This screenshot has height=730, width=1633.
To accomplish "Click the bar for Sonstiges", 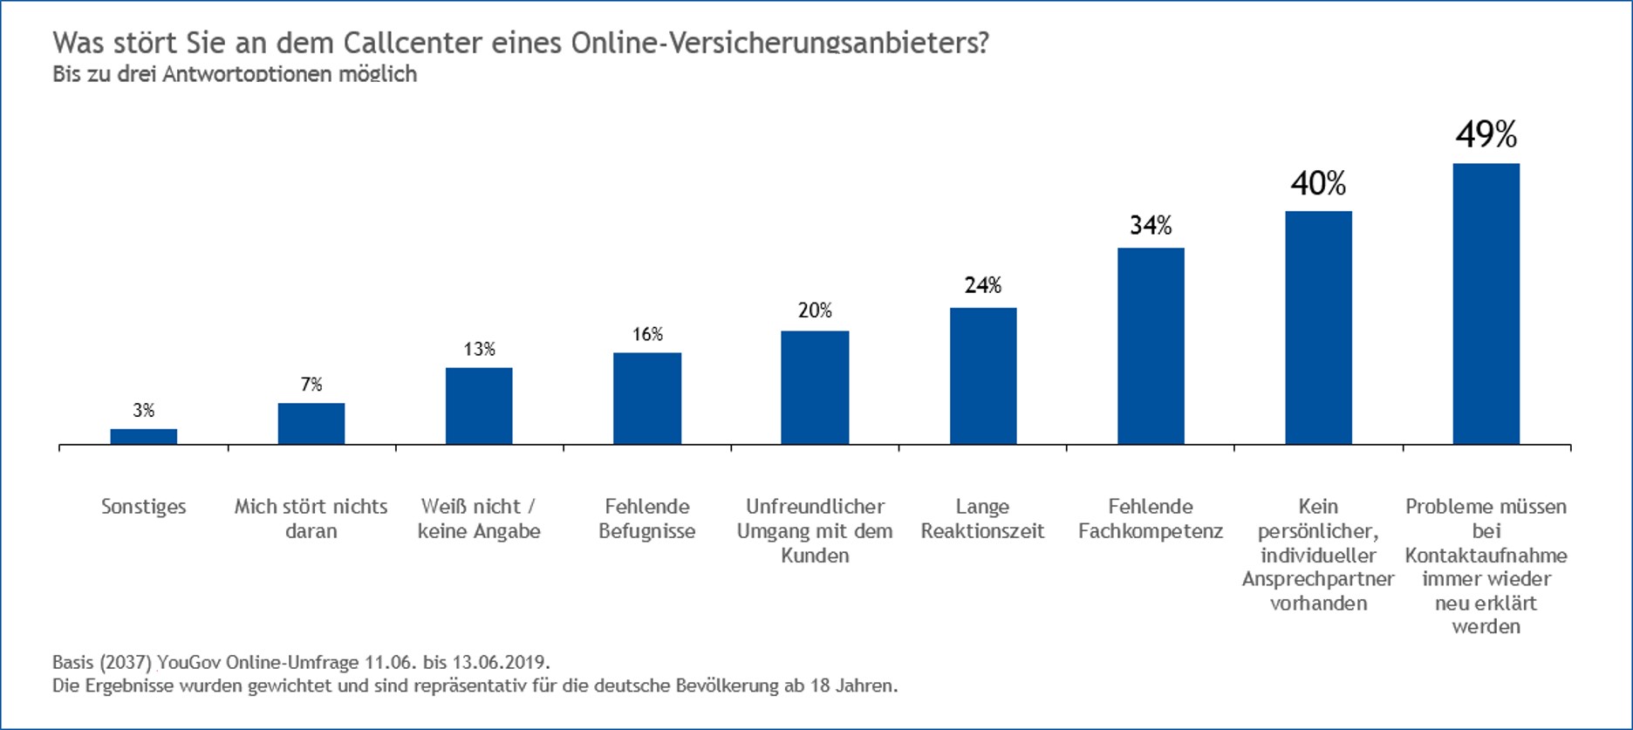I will click(143, 436).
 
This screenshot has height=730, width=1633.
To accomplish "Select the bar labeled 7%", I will click(311, 423).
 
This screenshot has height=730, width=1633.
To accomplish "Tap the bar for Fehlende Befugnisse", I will click(647, 399).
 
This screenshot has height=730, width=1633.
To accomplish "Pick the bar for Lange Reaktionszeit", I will click(983, 376).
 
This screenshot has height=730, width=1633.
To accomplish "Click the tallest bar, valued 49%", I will click(1486, 304).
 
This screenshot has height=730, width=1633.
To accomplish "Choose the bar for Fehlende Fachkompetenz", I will click(1151, 346).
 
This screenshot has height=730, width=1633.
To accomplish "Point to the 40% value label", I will click(1318, 184).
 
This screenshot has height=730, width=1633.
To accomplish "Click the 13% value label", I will click(479, 350).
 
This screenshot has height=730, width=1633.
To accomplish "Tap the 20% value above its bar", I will click(815, 310).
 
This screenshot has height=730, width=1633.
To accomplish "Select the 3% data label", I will click(144, 410).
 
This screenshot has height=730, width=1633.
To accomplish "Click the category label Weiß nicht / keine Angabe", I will click(479, 518).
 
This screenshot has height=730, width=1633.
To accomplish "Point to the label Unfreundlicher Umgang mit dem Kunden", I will click(815, 530).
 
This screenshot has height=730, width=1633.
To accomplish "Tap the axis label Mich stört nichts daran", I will click(311, 518).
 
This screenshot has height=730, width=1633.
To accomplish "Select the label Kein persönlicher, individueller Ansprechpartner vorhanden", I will click(1318, 555).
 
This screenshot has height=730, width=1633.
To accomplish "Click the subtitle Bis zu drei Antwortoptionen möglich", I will click(235, 74).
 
